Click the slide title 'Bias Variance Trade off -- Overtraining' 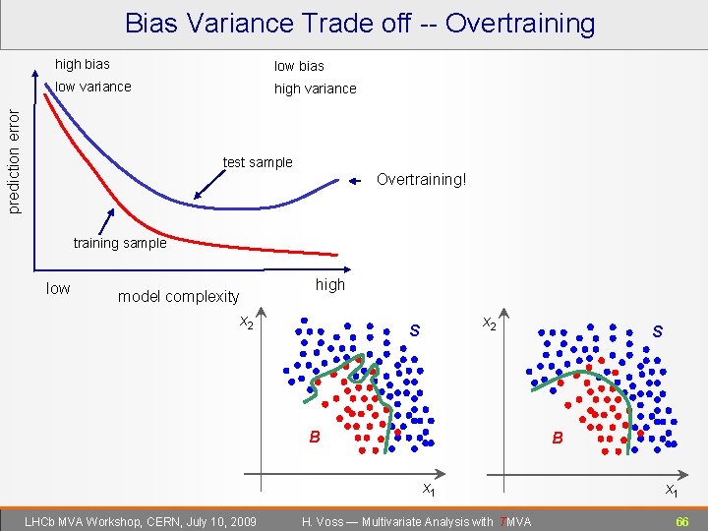[360, 23]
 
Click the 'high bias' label [83, 64]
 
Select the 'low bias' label [299, 66]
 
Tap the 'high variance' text [315, 88]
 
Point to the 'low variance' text [93, 87]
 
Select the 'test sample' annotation [258, 162]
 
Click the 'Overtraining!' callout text [422, 180]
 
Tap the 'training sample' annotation [120, 243]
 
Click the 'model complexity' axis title [178, 296]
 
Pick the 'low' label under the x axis [58, 288]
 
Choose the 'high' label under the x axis [330, 284]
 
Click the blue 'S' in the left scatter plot [414, 331]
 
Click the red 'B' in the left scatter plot [315, 437]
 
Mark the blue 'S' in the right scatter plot [657, 332]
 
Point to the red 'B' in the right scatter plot [558, 438]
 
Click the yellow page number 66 [681, 520]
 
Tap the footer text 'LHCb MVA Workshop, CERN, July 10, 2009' [140, 520]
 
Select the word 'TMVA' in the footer [515, 521]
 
